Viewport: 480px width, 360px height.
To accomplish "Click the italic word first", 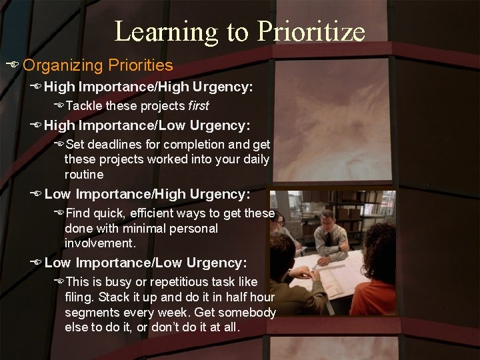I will pyautogui.click(x=198, y=106).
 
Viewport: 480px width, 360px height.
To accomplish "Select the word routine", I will pyautogui.click(x=84, y=174).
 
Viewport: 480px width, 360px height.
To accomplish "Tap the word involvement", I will pyautogui.click(x=99, y=243).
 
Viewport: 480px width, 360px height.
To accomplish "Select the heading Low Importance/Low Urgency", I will pyautogui.click(x=145, y=263).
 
